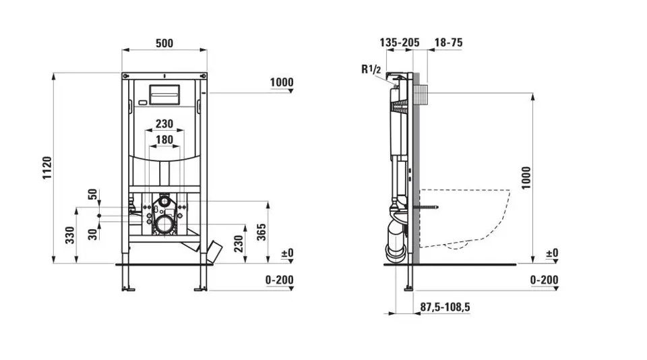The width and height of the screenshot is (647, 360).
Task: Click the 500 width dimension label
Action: [x=164, y=43]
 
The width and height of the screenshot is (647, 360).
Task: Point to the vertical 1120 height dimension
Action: [x=47, y=168]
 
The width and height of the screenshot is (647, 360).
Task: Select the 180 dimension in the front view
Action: [x=164, y=140]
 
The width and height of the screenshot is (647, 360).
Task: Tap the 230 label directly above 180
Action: [x=164, y=123]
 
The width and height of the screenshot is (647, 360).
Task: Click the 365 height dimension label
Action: [x=261, y=232]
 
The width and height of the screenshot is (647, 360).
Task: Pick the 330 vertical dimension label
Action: [x=70, y=235]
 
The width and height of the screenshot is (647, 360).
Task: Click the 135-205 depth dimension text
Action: [x=400, y=42]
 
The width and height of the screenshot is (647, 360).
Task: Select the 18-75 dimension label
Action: [x=449, y=42]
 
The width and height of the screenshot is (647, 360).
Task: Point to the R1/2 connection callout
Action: [x=371, y=69]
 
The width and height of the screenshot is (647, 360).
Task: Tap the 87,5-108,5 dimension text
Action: [x=445, y=307]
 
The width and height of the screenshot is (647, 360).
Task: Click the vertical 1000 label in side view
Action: [x=526, y=178]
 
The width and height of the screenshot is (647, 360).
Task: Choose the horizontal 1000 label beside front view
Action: [x=282, y=82]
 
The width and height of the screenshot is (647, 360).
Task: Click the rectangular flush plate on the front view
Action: [x=164, y=96]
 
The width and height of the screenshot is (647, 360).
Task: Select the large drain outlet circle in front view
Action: [x=165, y=225]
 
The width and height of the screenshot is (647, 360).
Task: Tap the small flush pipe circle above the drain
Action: [x=164, y=202]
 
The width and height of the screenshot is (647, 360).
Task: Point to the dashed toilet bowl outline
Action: [x=464, y=219]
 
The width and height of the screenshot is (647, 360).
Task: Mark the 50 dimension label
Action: [x=93, y=194]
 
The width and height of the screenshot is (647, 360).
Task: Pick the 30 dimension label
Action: [x=93, y=234]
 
